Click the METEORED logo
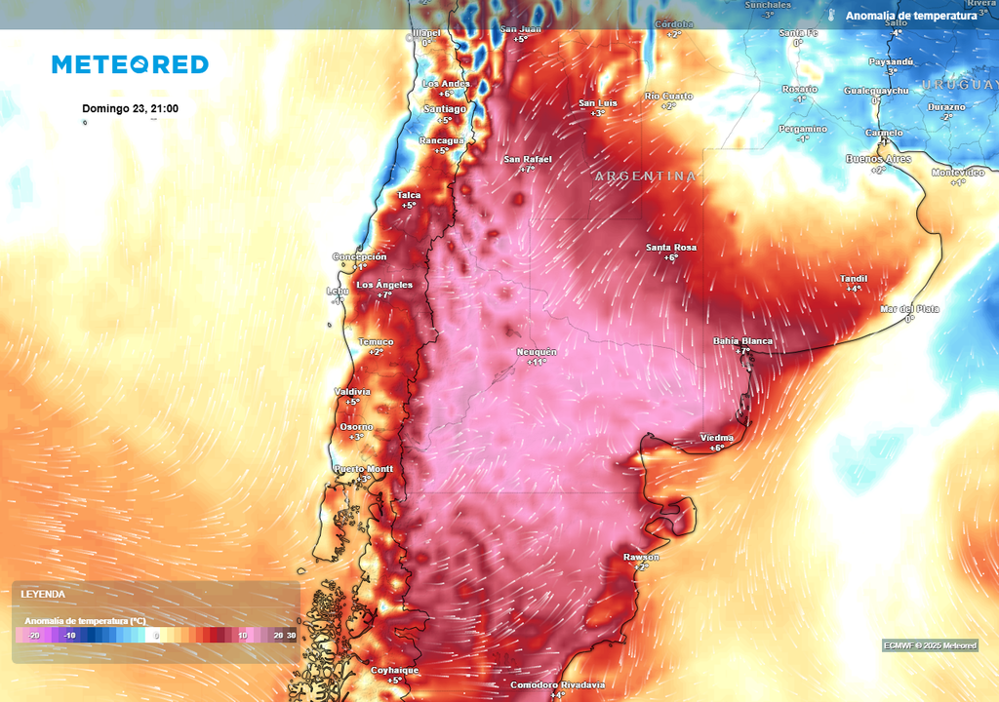coord(130,64)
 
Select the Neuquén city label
coord(537,351)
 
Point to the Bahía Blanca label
coord(743,341)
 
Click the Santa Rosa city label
coord(671,248)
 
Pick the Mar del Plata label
coord(909,309)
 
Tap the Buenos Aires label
coord(878,159)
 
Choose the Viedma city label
coord(717,439)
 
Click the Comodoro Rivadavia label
coord(557,684)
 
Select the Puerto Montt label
coord(364,469)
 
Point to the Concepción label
coord(359,256)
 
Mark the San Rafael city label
coord(528,159)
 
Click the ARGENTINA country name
coord(646,176)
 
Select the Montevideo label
coord(958,173)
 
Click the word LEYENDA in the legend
coord(43,594)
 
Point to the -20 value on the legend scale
coord(33,635)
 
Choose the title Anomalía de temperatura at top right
coord(911,16)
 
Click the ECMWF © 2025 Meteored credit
coord(930,645)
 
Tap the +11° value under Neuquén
coord(537,362)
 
